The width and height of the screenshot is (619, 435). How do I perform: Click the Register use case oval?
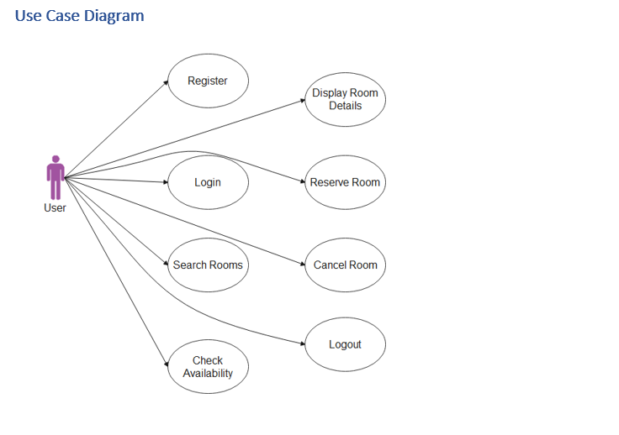coord(208,81)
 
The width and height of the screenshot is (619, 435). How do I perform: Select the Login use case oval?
coord(208,182)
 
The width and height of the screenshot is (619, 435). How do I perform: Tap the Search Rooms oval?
coord(208,265)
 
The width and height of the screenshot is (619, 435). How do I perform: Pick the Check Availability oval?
coord(208,367)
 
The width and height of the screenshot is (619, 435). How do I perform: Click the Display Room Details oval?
coord(345,99)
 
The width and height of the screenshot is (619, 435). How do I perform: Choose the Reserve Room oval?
coord(345,182)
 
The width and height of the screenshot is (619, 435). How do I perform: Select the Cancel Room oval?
coord(345,265)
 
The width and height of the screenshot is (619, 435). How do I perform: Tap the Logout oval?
coord(345,344)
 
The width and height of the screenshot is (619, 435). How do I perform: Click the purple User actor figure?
coord(56,178)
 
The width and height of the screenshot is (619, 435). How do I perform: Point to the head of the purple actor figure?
coord(56,159)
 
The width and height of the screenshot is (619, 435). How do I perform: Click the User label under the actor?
coord(55,207)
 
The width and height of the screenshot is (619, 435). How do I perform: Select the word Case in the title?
coord(63,16)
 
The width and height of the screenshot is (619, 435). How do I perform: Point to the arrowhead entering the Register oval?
coord(166,83)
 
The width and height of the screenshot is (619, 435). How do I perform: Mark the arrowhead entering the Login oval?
coord(165,182)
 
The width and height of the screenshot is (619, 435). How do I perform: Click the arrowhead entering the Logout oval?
coord(301,343)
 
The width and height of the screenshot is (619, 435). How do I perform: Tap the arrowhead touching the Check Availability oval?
coord(165,364)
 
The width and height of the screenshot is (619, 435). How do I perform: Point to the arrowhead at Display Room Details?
coord(301,100)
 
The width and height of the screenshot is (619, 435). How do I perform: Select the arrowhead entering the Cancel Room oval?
coord(301,265)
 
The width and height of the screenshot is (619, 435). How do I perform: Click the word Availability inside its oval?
coord(208,374)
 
